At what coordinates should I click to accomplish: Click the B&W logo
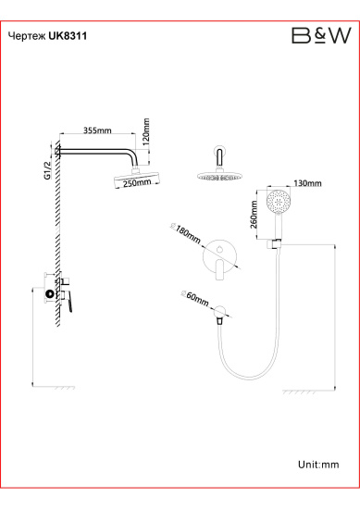(x=321, y=35)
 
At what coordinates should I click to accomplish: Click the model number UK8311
(x=68, y=36)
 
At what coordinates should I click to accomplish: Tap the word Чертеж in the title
(x=27, y=36)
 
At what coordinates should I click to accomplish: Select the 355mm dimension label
(x=97, y=130)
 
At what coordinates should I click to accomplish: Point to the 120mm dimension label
(x=145, y=131)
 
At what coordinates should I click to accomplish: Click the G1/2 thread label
(x=48, y=170)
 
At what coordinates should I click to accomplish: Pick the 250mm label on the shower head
(x=137, y=182)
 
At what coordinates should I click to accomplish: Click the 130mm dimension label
(x=308, y=183)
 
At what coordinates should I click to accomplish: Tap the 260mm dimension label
(x=254, y=215)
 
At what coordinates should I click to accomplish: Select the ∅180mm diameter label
(x=185, y=232)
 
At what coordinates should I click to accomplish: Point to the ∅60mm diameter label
(x=194, y=298)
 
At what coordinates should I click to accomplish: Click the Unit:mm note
(x=318, y=465)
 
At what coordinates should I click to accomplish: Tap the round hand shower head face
(x=278, y=200)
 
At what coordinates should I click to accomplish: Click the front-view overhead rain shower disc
(x=219, y=177)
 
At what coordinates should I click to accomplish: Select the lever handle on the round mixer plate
(x=220, y=269)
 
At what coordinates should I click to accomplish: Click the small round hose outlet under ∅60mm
(x=219, y=311)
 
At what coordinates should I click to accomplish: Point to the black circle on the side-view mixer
(x=50, y=294)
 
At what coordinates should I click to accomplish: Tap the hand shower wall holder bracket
(x=275, y=244)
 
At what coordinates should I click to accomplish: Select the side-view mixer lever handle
(x=68, y=301)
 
